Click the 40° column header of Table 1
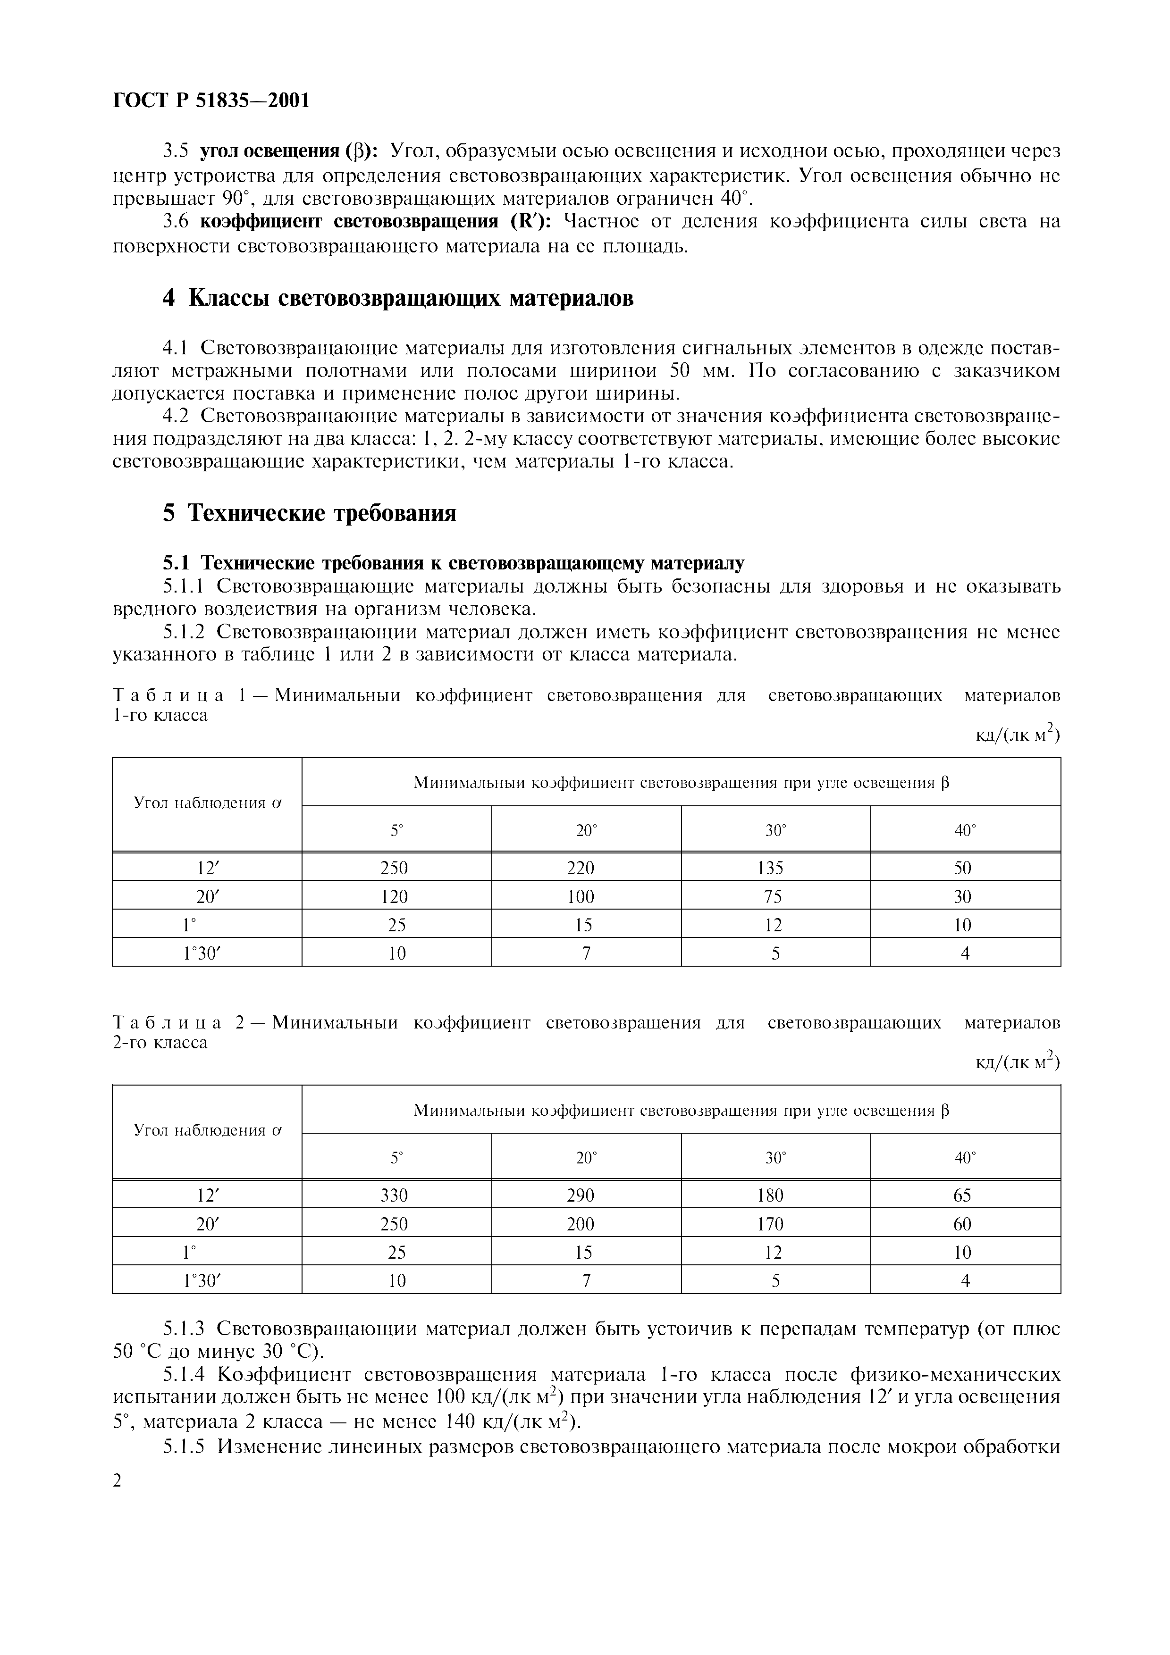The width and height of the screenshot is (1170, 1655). pos(965,830)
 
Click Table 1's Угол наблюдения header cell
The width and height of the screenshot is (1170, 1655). pos(207,804)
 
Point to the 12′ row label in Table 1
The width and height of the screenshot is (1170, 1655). pos(206,869)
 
